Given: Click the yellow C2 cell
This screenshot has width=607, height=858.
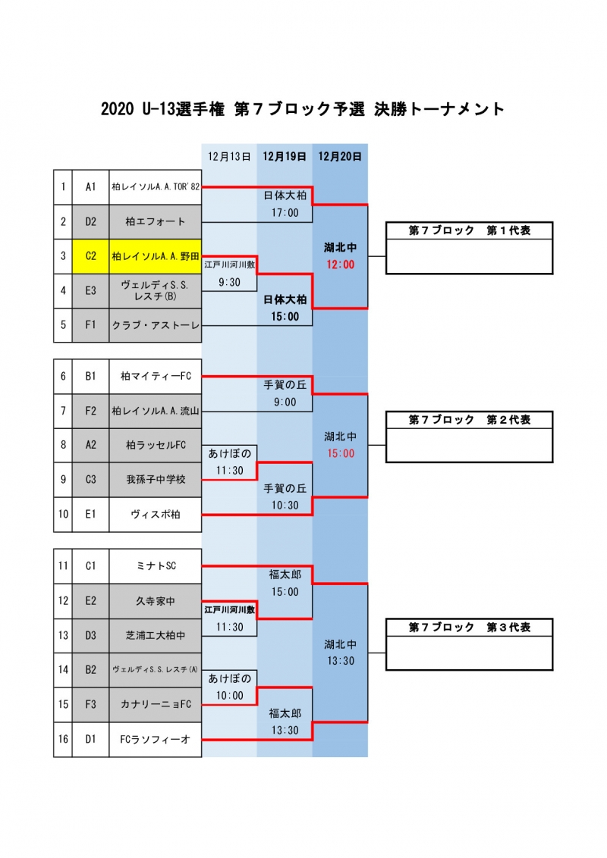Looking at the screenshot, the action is pos(90,256).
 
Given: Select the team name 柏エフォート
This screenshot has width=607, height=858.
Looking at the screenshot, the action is pos(156,221).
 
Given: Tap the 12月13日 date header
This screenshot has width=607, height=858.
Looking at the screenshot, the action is pos(229,156).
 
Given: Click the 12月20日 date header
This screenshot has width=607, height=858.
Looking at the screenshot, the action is pos(340,156).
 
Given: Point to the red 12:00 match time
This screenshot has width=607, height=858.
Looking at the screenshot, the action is pos(340,265).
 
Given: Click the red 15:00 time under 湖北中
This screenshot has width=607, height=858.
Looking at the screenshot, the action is pos(340,453).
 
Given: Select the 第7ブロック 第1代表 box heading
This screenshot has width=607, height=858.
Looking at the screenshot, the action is pos(470,230).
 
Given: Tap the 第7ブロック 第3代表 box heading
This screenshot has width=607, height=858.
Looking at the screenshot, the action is pos(470,627).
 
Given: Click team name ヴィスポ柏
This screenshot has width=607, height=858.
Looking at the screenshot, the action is pos(156,515).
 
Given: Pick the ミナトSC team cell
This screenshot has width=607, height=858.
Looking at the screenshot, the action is pos(156,566).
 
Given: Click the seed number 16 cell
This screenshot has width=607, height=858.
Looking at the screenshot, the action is pos(63,740).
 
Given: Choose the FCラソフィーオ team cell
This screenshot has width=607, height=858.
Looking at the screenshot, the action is pos(156,740).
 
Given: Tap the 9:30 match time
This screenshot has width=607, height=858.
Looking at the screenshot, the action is pos(229,283).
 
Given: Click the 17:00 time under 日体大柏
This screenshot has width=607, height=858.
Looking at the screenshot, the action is pos(285,213).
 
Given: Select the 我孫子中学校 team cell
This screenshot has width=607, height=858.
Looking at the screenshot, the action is pos(156,480).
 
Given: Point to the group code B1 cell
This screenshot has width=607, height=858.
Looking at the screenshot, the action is pos(90,377).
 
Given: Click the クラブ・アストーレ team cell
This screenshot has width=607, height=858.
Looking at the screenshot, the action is pos(156,326).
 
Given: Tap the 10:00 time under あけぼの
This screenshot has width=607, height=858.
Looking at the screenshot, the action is pos(229,696).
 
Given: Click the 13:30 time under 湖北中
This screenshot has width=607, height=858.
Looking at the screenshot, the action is pos(340,661).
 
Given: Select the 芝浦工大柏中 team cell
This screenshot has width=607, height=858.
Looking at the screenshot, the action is pos(156,636).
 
